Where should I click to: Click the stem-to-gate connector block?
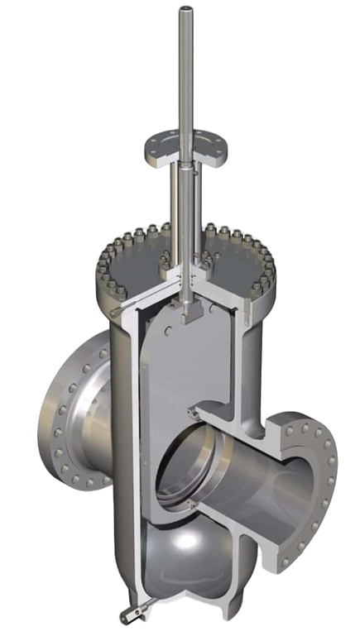[193, 313]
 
